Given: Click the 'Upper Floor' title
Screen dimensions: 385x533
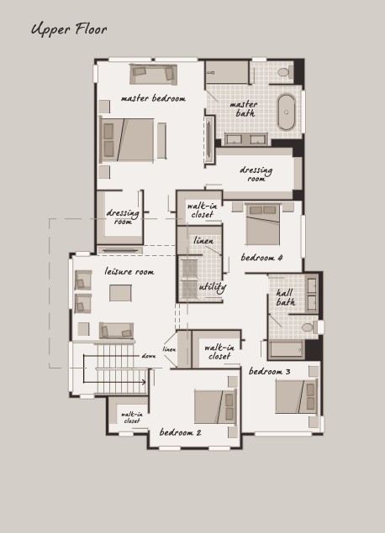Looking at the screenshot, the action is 69,29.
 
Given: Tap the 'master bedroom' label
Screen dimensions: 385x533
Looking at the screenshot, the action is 153,98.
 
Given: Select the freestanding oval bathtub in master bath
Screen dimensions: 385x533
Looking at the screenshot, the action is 287,112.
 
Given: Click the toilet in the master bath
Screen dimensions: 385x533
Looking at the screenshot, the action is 286,71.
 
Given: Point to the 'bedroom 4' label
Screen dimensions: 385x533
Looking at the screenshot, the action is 261,258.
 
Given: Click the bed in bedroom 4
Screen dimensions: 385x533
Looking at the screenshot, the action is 263,224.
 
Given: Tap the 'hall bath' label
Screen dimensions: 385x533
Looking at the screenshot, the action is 285,297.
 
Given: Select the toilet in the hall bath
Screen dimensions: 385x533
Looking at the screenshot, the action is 310,327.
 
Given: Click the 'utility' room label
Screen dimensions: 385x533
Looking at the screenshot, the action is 213,287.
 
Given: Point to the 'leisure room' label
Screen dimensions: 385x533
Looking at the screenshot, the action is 129,271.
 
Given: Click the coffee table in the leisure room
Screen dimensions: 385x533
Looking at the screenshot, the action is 120,293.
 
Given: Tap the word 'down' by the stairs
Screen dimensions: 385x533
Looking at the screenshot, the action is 149,356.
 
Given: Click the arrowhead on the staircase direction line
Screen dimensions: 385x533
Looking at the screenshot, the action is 144,382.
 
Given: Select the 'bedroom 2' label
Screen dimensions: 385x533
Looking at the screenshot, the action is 181,432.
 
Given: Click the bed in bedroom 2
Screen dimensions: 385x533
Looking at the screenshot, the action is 215,407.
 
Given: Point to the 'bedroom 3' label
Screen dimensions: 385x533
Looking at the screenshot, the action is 270,371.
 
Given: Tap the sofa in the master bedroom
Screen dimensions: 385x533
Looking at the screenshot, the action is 154,74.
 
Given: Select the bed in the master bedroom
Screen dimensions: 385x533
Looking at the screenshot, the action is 126,139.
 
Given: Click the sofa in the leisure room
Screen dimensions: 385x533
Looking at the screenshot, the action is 116,331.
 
